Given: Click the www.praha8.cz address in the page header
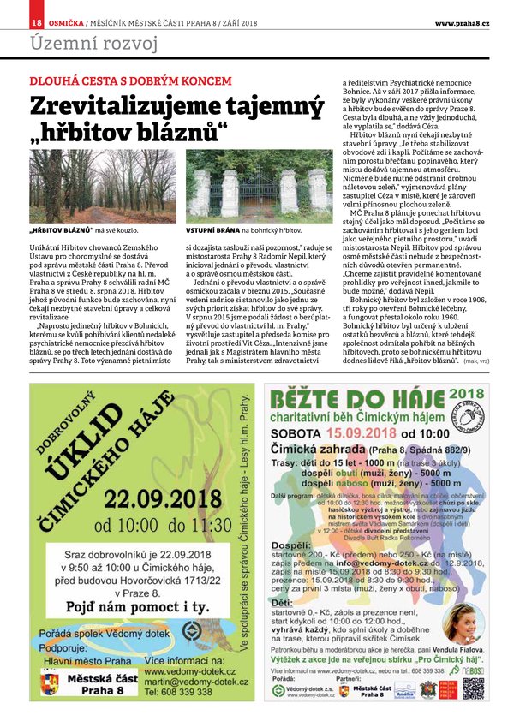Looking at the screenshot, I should pyautogui.click(x=462, y=21).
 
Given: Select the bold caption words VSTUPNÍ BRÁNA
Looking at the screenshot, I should pyautogui.click(x=212, y=231).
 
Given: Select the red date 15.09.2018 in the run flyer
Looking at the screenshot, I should pyautogui.click(x=346, y=433).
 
